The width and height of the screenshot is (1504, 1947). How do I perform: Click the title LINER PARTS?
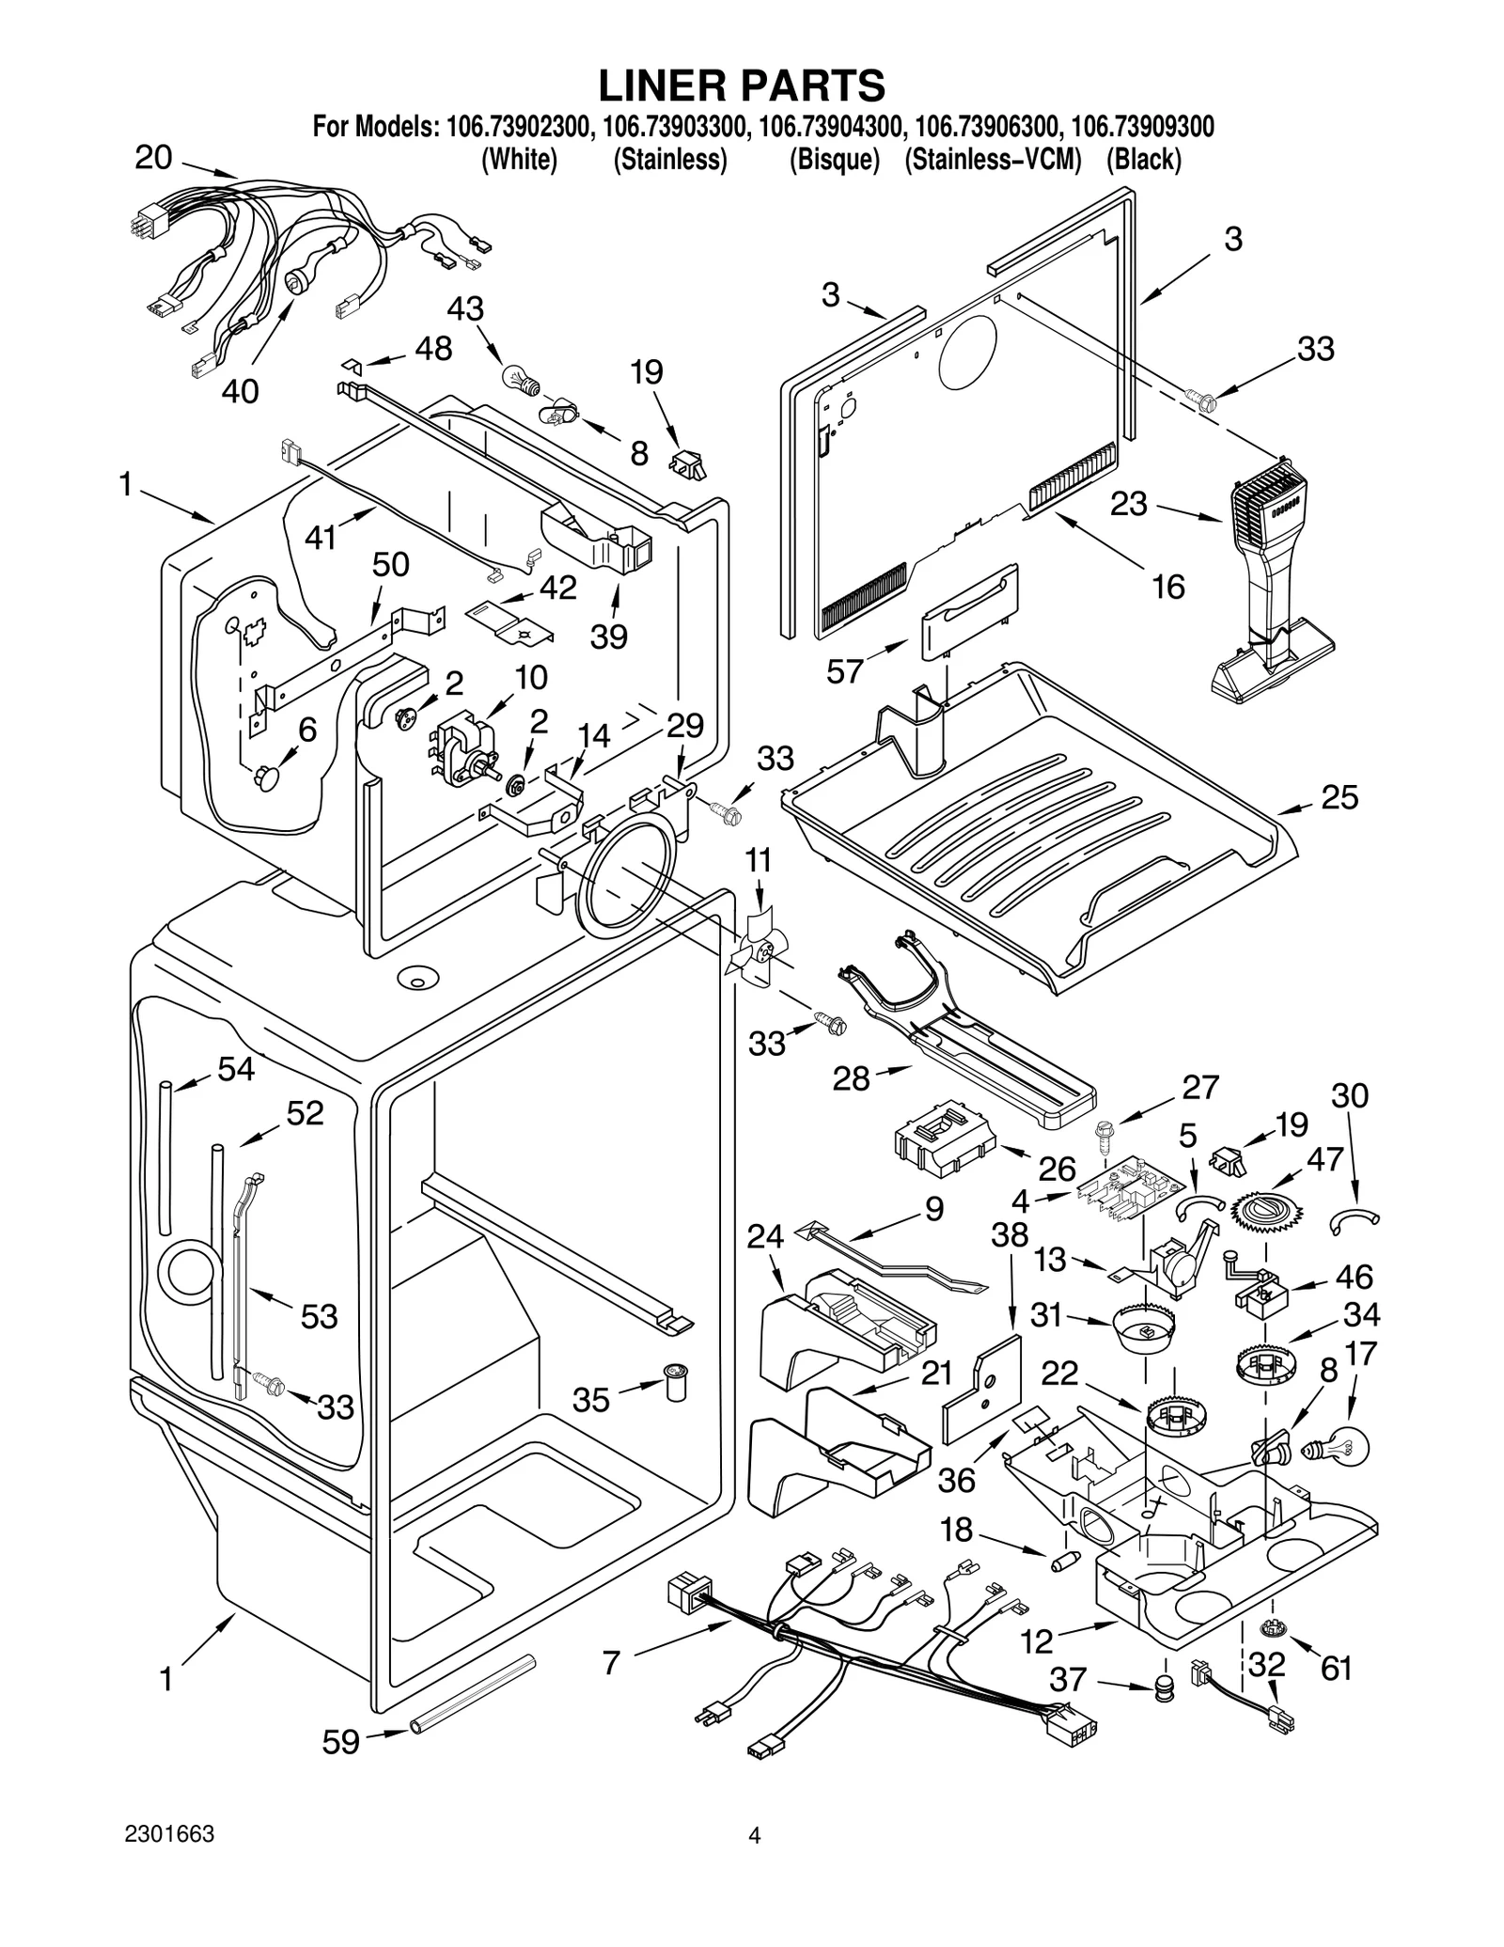pyautogui.click(x=742, y=86)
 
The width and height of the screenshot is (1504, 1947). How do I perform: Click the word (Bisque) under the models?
pyautogui.click(x=834, y=161)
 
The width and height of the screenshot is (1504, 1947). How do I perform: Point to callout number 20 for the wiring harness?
pyautogui.click(x=153, y=157)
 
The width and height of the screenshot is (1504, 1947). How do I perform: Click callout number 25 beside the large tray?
pyautogui.click(x=1339, y=797)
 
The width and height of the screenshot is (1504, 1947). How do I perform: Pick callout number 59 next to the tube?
pyautogui.click(x=340, y=1742)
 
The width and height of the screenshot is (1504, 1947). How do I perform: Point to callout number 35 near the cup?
pyautogui.click(x=591, y=1400)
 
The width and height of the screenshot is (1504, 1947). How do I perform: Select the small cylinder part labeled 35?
pyautogui.click(x=674, y=1380)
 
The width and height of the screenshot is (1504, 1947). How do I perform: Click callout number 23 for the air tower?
pyautogui.click(x=1128, y=504)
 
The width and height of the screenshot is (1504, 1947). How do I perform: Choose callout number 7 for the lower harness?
pyautogui.click(x=611, y=1662)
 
